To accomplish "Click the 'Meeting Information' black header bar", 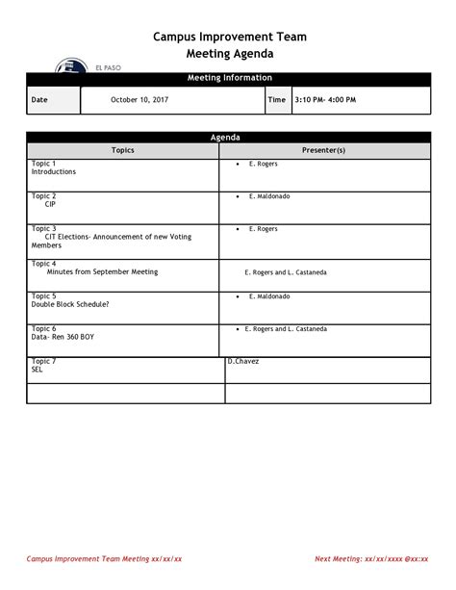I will [x=229, y=78].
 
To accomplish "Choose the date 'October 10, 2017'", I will [x=139, y=100].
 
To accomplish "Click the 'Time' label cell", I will [x=276, y=100].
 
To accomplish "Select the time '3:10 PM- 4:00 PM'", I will [x=325, y=100].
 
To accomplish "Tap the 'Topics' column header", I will [x=123, y=151].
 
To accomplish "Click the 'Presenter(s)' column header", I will [x=323, y=151].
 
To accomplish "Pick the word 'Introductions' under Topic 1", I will [x=54, y=172].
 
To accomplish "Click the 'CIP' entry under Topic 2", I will [x=50, y=205].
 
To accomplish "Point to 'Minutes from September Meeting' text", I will [x=102, y=272].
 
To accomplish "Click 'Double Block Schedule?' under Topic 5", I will [x=70, y=305].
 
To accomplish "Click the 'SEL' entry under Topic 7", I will [x=38, y=370].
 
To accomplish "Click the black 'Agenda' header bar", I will [x=229, y=139].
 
